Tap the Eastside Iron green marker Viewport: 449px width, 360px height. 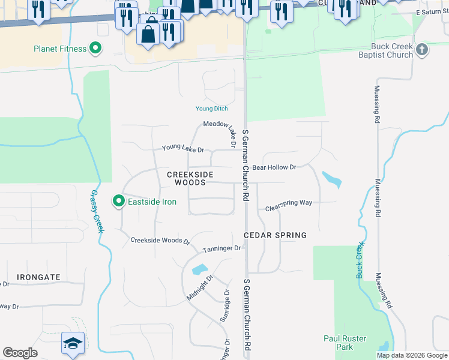point(119,202)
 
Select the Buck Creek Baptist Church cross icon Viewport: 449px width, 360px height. point(422,49)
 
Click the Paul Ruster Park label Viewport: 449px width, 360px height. point(345,343)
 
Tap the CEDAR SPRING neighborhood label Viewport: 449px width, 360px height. point(275,235)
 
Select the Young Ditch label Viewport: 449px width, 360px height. point(211,109)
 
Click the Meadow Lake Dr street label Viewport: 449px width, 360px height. point(216,124)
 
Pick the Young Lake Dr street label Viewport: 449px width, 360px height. point(183,149)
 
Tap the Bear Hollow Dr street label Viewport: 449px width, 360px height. point(274,167)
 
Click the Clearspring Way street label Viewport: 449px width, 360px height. point(289,203)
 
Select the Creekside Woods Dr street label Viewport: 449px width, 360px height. point(160,241)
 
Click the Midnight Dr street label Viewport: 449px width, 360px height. point(200,288)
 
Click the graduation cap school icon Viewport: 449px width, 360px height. point(72,344)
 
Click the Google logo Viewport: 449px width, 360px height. point(20,353)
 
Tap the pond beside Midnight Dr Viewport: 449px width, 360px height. point(199,269)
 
